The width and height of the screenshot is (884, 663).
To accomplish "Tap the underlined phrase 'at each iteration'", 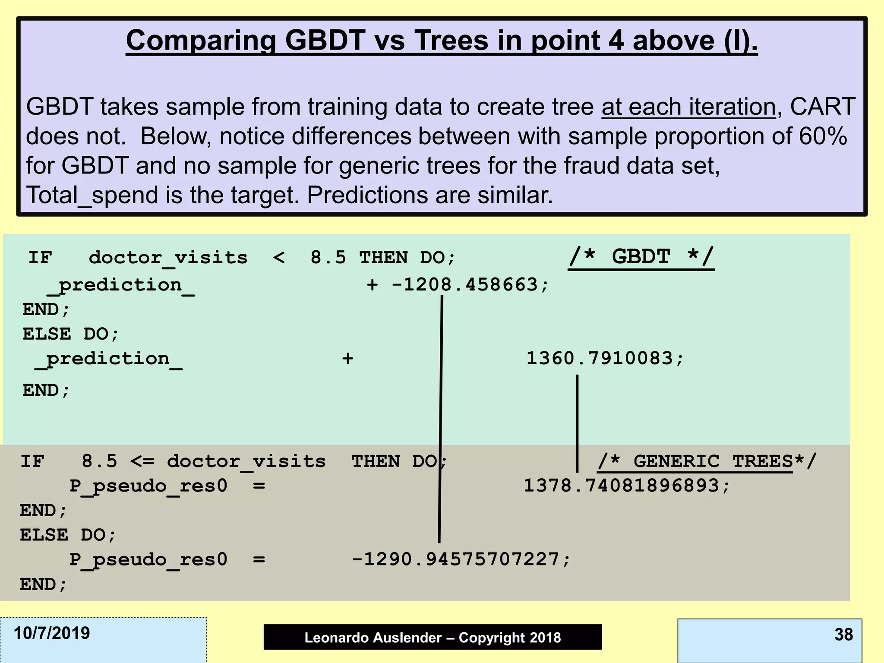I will point(688,107).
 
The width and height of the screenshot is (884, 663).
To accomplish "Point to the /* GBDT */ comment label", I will point(641,257).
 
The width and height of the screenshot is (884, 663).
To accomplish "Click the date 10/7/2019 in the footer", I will point(52,633).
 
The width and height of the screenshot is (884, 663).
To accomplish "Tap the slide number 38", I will point(843,635).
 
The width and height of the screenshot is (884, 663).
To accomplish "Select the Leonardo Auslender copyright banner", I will point(433,637).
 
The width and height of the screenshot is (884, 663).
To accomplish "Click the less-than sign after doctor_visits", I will point(279,258).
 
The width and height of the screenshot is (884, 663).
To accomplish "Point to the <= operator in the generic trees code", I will point(142,461).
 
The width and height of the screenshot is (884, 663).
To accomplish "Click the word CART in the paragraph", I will point(822,107).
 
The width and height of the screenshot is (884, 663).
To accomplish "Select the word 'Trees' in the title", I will point(452,41).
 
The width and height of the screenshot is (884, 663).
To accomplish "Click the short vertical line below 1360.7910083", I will point(577,423).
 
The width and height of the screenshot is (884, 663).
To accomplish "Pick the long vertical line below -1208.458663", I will point(441,419).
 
